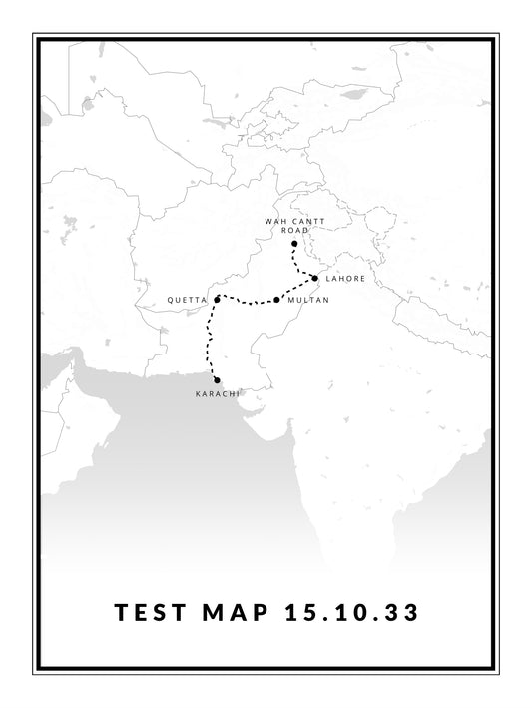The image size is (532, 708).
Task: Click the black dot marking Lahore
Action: pos(314,278)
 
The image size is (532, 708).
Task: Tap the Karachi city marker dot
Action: pos(217,380)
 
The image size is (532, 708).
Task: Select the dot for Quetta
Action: pos(217,299)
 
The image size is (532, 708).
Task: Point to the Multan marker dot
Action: pos(276,299)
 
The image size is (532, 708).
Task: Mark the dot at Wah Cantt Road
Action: pos(294,244)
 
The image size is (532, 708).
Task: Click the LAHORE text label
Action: pos(345,278)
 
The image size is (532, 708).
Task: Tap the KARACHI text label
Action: pos(217,394)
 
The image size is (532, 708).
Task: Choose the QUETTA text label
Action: pos(187,299)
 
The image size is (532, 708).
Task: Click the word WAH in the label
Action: pos(274,220)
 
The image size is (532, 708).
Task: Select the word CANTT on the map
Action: pos(305,220)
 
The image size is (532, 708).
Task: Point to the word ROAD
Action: pos(294,230)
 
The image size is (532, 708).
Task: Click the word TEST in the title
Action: pos(151,612)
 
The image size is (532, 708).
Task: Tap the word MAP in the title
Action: pos(237,612)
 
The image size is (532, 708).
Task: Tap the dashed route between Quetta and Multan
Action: pos(247,300)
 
